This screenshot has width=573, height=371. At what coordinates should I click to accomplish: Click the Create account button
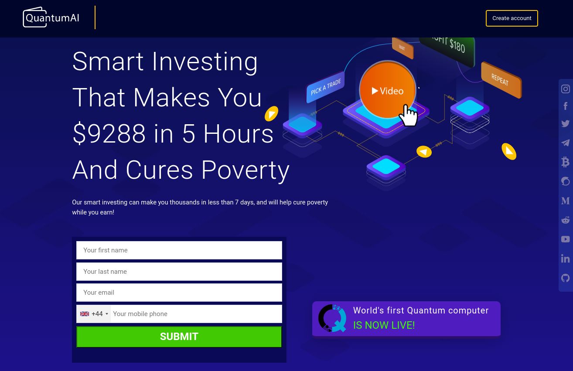[512, 18]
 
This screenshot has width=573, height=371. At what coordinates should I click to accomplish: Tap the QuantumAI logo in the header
[51, 17]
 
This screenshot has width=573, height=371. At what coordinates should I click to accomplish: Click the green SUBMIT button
[179, 337]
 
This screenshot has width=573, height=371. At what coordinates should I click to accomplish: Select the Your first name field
[179, 250]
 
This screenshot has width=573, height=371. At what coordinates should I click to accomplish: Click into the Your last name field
[179, 272]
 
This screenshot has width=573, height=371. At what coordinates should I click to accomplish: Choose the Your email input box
[179, 293]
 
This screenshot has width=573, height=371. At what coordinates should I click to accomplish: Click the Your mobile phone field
[196, 314]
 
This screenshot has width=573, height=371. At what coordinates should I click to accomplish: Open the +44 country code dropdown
[94, 314]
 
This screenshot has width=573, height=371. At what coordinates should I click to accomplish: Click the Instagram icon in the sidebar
[566, 89]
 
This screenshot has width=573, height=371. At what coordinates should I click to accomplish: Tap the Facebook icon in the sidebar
[566, 106]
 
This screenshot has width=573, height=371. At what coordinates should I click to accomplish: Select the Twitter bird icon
[566, 124]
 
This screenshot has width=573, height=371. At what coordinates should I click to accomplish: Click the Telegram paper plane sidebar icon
[566, 143]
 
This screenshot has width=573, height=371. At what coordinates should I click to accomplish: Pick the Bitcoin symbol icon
[566, 162]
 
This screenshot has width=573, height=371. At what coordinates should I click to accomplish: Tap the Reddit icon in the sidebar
[566, 220]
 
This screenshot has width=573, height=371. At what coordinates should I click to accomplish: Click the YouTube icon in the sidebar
[566, 239]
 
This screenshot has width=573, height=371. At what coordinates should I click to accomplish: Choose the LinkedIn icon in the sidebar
[566, 259]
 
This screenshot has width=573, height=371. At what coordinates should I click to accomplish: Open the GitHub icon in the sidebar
[566, 278]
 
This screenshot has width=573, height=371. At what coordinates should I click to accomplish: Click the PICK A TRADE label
[326, 87]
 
